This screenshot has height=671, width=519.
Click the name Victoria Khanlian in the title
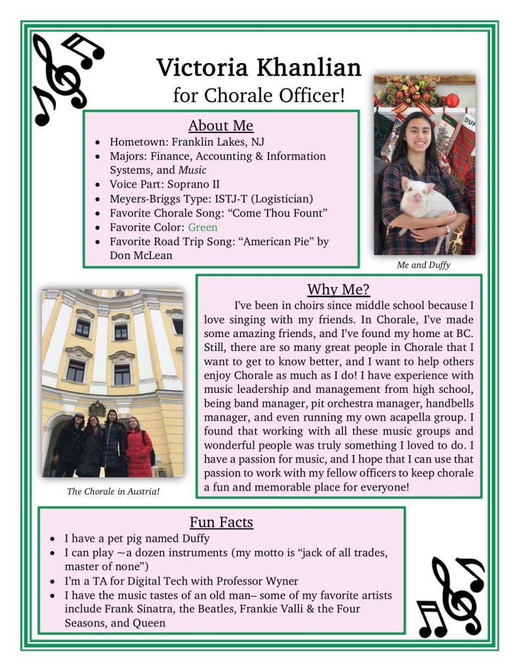point(259,67)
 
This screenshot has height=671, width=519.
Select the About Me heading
point(220,125)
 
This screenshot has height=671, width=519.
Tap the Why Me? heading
point(339,289)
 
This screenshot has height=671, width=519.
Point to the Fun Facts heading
point(221,522)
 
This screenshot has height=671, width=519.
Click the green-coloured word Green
point(203,227)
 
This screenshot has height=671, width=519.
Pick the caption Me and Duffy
point(424,265)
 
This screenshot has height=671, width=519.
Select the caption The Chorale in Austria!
point(113,491)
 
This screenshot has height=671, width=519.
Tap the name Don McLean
point(141,255)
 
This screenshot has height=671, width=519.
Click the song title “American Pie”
point(280,241)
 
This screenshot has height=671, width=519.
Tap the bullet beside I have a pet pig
point(54,539)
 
